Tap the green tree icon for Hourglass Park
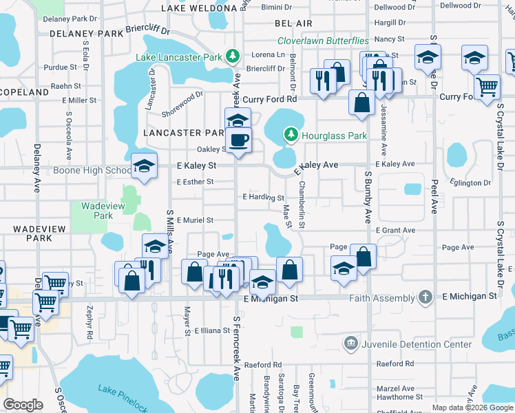pos(291,135)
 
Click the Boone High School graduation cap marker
pos(145,165)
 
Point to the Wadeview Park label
pos(97,211)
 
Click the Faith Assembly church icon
pos(427,297)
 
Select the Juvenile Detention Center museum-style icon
pos(350,343)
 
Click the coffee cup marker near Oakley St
pos(239,140)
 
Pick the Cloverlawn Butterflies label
pos(323,41)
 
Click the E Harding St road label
pos(264,198)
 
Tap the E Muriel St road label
pos(196,220)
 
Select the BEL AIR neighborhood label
pos(288,23)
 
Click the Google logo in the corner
pos(23,404)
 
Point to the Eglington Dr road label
pos(472,183)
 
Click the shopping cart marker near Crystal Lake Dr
pos(487,87)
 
